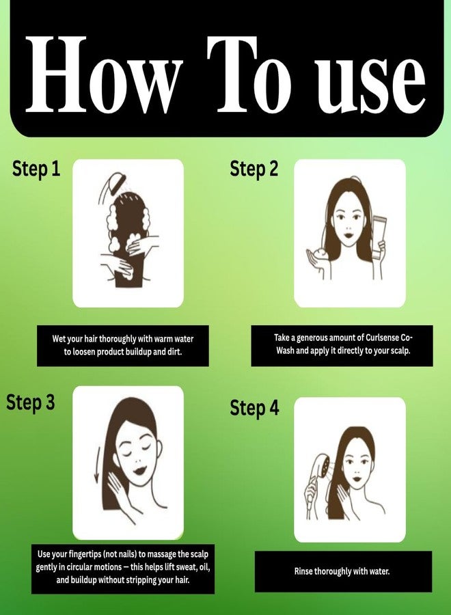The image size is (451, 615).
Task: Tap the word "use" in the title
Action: pos(370,84)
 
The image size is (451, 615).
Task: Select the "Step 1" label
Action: pos(36,169)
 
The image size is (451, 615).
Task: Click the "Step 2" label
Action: pos(254,169)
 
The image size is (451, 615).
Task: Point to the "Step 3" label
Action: pos(31,402)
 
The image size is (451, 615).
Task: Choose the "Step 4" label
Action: pos(254,408)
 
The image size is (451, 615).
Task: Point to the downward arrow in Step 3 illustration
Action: pos(97,465)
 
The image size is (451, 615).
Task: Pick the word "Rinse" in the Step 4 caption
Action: pos(303,571)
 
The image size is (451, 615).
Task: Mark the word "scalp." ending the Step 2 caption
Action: pos(400,351)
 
